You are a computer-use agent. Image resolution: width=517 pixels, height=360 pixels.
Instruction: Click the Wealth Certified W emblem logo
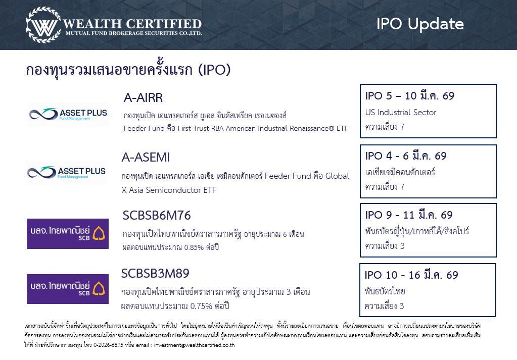[43, 25]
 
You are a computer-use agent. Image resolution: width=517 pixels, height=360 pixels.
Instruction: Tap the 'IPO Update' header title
[420, 24]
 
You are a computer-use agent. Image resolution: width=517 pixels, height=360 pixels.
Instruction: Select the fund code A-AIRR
[143, 98]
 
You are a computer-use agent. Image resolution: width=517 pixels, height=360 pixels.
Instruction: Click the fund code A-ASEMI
[146, 158]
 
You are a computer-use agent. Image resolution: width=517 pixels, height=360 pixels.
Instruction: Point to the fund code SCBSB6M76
[157, 216]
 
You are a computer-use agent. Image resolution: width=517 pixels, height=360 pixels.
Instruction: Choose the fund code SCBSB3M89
[155, 273]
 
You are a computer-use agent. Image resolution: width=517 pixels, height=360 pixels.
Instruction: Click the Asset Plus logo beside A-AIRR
[68, 114]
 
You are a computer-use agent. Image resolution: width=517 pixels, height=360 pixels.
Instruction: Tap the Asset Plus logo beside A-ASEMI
[67, 173]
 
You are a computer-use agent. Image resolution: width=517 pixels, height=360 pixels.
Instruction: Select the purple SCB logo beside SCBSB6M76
[68, 234]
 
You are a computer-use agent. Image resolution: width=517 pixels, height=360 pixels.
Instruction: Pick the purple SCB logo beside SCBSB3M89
[68, 289]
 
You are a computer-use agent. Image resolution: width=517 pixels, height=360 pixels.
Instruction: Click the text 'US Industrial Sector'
[401, 112]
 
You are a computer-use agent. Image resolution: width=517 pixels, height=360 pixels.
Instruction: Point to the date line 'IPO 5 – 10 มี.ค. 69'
[410, 96]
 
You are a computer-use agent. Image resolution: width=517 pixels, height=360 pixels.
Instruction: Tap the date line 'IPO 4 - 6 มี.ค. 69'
[406, 156]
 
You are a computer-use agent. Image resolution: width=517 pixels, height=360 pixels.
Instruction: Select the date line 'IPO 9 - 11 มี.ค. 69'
[409, 215]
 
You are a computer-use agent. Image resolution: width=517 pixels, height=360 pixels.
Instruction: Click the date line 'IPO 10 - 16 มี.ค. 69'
[411, 275]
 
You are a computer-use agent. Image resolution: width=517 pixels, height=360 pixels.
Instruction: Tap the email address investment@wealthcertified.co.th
[194, 345]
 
